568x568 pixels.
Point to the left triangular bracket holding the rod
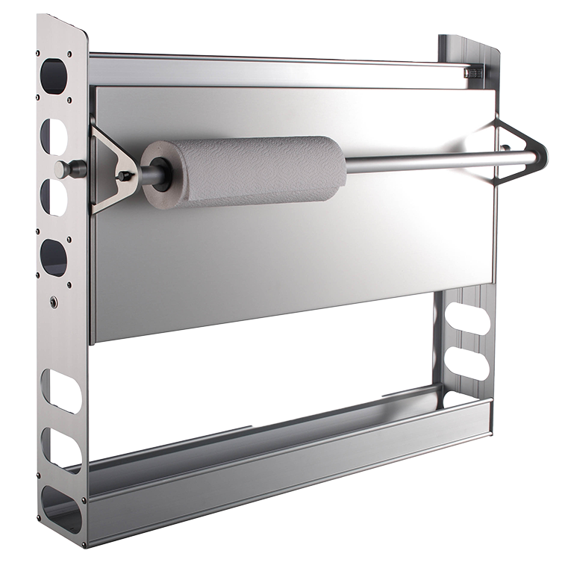pos(110,166)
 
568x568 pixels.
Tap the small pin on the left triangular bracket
pos(125,176)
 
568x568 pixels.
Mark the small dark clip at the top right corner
pos(472,72)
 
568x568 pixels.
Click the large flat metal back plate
pos(299,254)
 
